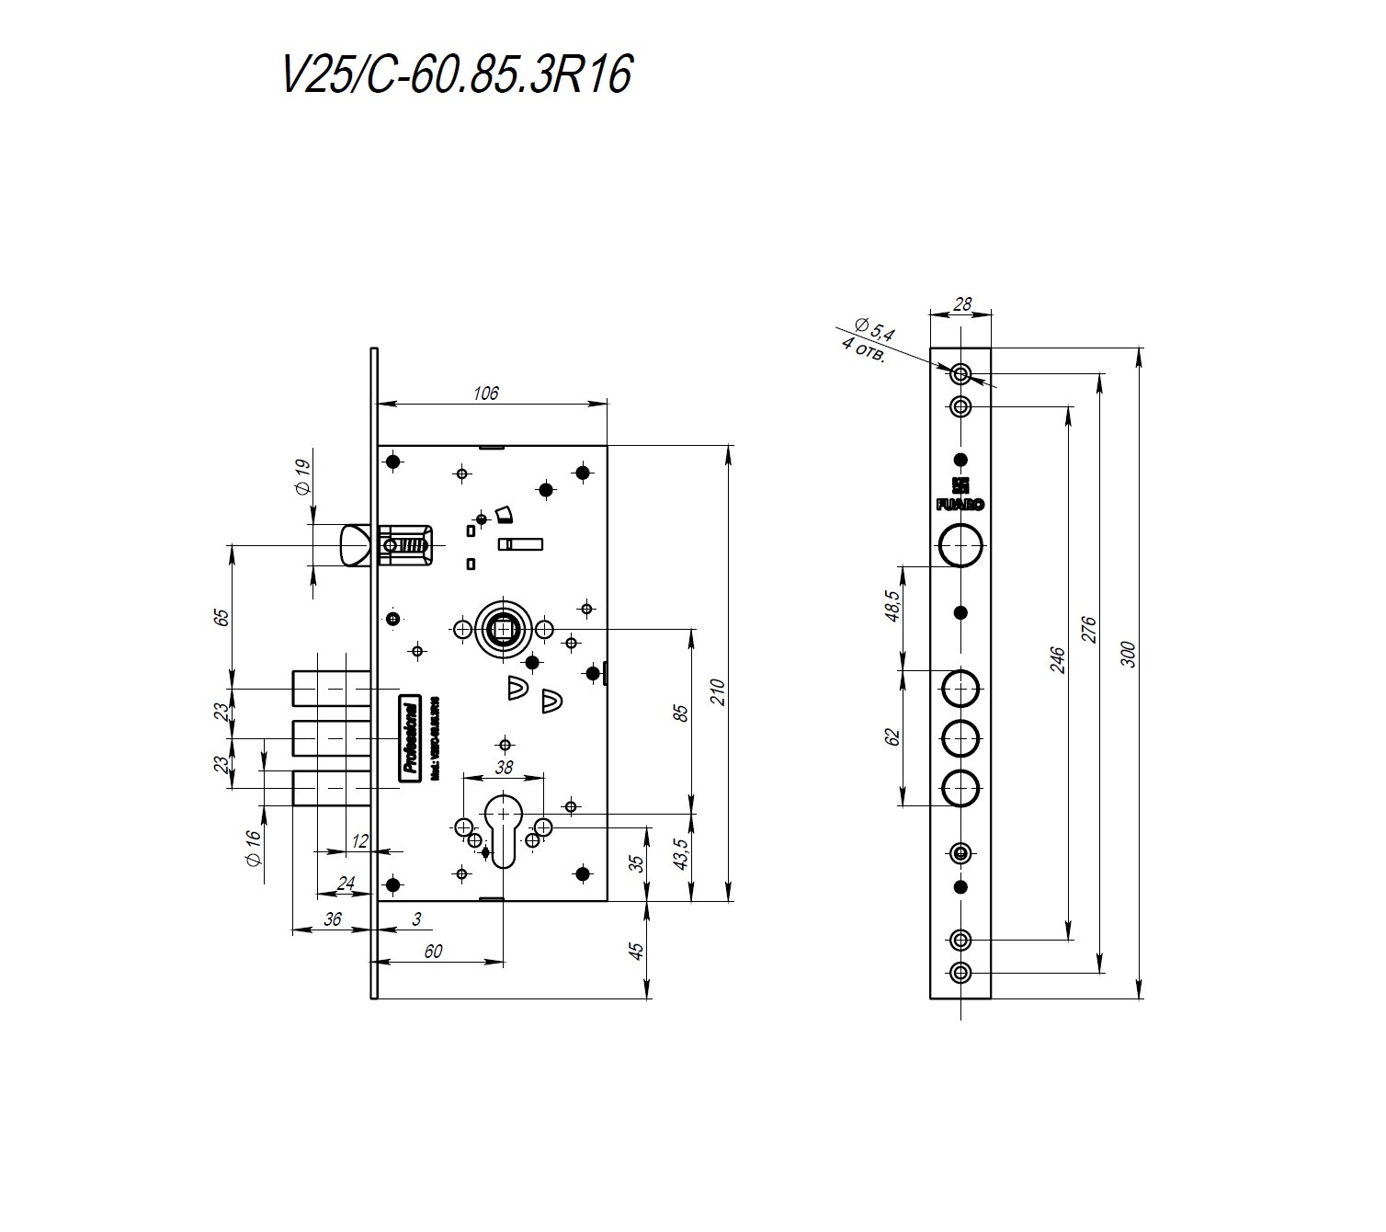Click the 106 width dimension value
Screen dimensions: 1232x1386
(485, 394)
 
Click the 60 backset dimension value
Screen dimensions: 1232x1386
(434, 952)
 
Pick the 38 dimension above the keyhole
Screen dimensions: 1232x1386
(504, 768)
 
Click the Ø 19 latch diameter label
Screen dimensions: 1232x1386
(303, 476)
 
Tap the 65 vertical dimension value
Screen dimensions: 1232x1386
(221, 616)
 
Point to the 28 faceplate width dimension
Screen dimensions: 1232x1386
(961, 304)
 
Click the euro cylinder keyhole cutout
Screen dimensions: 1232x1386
(504, 827)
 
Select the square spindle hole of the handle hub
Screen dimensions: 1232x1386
(504, 629)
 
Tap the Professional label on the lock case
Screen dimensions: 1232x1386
(409, 738)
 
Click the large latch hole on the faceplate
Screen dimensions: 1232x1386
(961, 545)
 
